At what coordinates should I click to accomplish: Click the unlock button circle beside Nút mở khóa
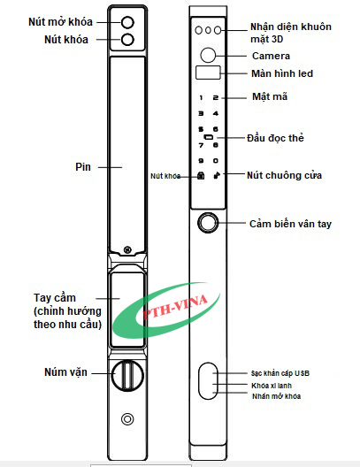pos(127,22)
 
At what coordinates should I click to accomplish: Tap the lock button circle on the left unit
pos(127,39)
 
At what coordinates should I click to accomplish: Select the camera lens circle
pos(208,55)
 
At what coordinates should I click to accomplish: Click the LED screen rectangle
pos(208,73)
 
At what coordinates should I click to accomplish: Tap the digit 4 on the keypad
pos(216,113)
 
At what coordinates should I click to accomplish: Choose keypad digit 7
pos(201,145)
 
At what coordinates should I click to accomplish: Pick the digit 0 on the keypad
pos(216,161)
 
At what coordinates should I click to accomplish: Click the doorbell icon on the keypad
pos(217,176)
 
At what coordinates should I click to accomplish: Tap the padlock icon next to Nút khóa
pos(202,176)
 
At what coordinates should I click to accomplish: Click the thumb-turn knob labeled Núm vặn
pos(127,375)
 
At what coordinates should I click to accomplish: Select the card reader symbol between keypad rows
pos(209,137)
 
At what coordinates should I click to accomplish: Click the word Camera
pos(271,56)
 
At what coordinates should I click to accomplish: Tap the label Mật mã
pos(270,96)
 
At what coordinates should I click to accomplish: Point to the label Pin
pos(83,167)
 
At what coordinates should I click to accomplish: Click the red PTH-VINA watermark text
pos(175,308)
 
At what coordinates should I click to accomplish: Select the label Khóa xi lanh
pos(272,386)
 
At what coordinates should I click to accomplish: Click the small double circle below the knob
pos(127,419)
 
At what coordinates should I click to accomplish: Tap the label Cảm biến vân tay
pos(290,224)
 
